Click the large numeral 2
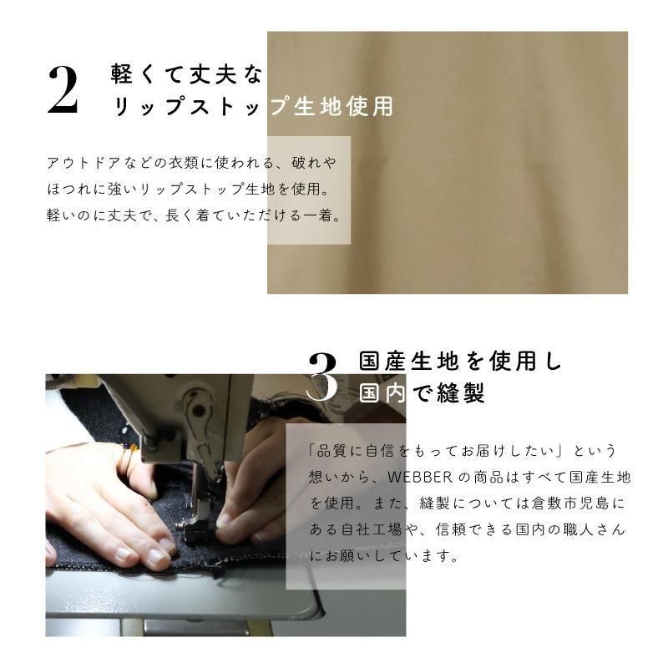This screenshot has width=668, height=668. tap(63, 91)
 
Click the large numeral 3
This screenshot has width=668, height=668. tap(323, 377)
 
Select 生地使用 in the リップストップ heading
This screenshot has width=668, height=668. tap(343, 106)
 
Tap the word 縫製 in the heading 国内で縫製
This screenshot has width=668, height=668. tap(461, 392)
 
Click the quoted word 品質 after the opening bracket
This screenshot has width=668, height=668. tap(331, 451)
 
